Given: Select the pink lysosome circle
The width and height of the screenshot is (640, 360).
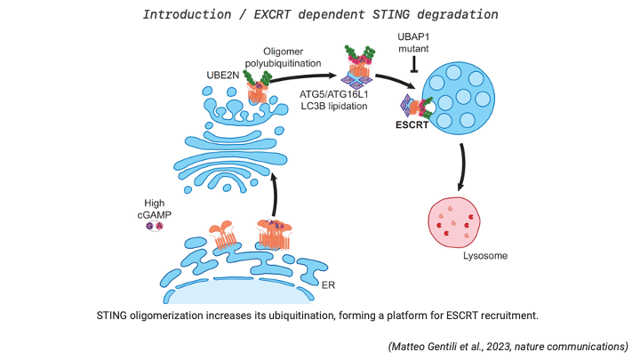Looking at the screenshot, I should click(459, 220).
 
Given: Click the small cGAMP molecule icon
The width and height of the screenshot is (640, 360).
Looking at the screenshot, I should click(154, 227).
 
